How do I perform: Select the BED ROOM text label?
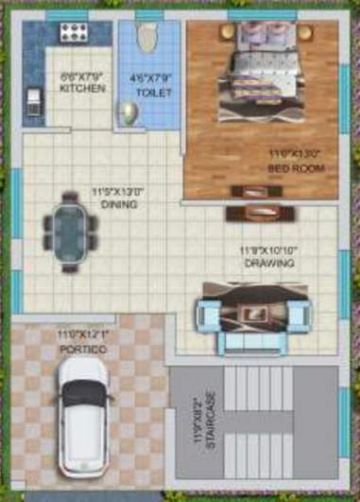[x=295, y=168]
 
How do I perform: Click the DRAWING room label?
[x=267, y=263]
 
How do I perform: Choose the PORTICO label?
[x=82, y=349]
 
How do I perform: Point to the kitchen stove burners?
[x=74, y=33]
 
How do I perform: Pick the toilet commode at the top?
[x=146, y=38]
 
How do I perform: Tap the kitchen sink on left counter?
[x=32, y=99]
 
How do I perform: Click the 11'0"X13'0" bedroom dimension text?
[x=295, y=153]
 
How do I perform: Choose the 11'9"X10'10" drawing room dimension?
[x=267, y=250]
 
